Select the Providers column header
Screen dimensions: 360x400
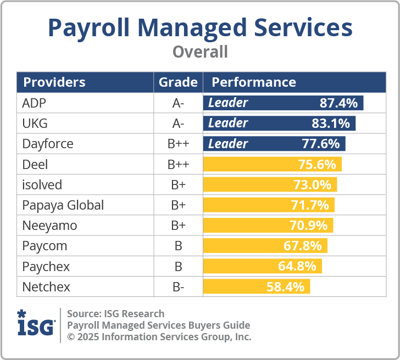pos(54,82)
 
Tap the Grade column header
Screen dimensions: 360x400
pos(178,82)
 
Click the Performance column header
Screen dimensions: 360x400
pos(254,82)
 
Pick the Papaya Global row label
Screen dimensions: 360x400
pos(63,205)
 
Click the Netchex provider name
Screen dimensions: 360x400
pos(46,286)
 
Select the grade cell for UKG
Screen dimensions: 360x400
pos(178,123)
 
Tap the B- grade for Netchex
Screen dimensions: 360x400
pos(178,286)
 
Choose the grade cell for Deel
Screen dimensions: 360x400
pos(178,165)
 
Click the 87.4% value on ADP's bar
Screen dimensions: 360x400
pos(338,103)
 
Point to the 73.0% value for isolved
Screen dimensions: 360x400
pos(312,185)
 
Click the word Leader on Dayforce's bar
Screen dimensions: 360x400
pos(228,144)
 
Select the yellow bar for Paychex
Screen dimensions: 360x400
pos(262,266)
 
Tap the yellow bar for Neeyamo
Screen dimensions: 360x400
pos(268,226)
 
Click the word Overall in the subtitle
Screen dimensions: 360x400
pos(200,52)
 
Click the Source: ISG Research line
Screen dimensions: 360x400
pos(115,314)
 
